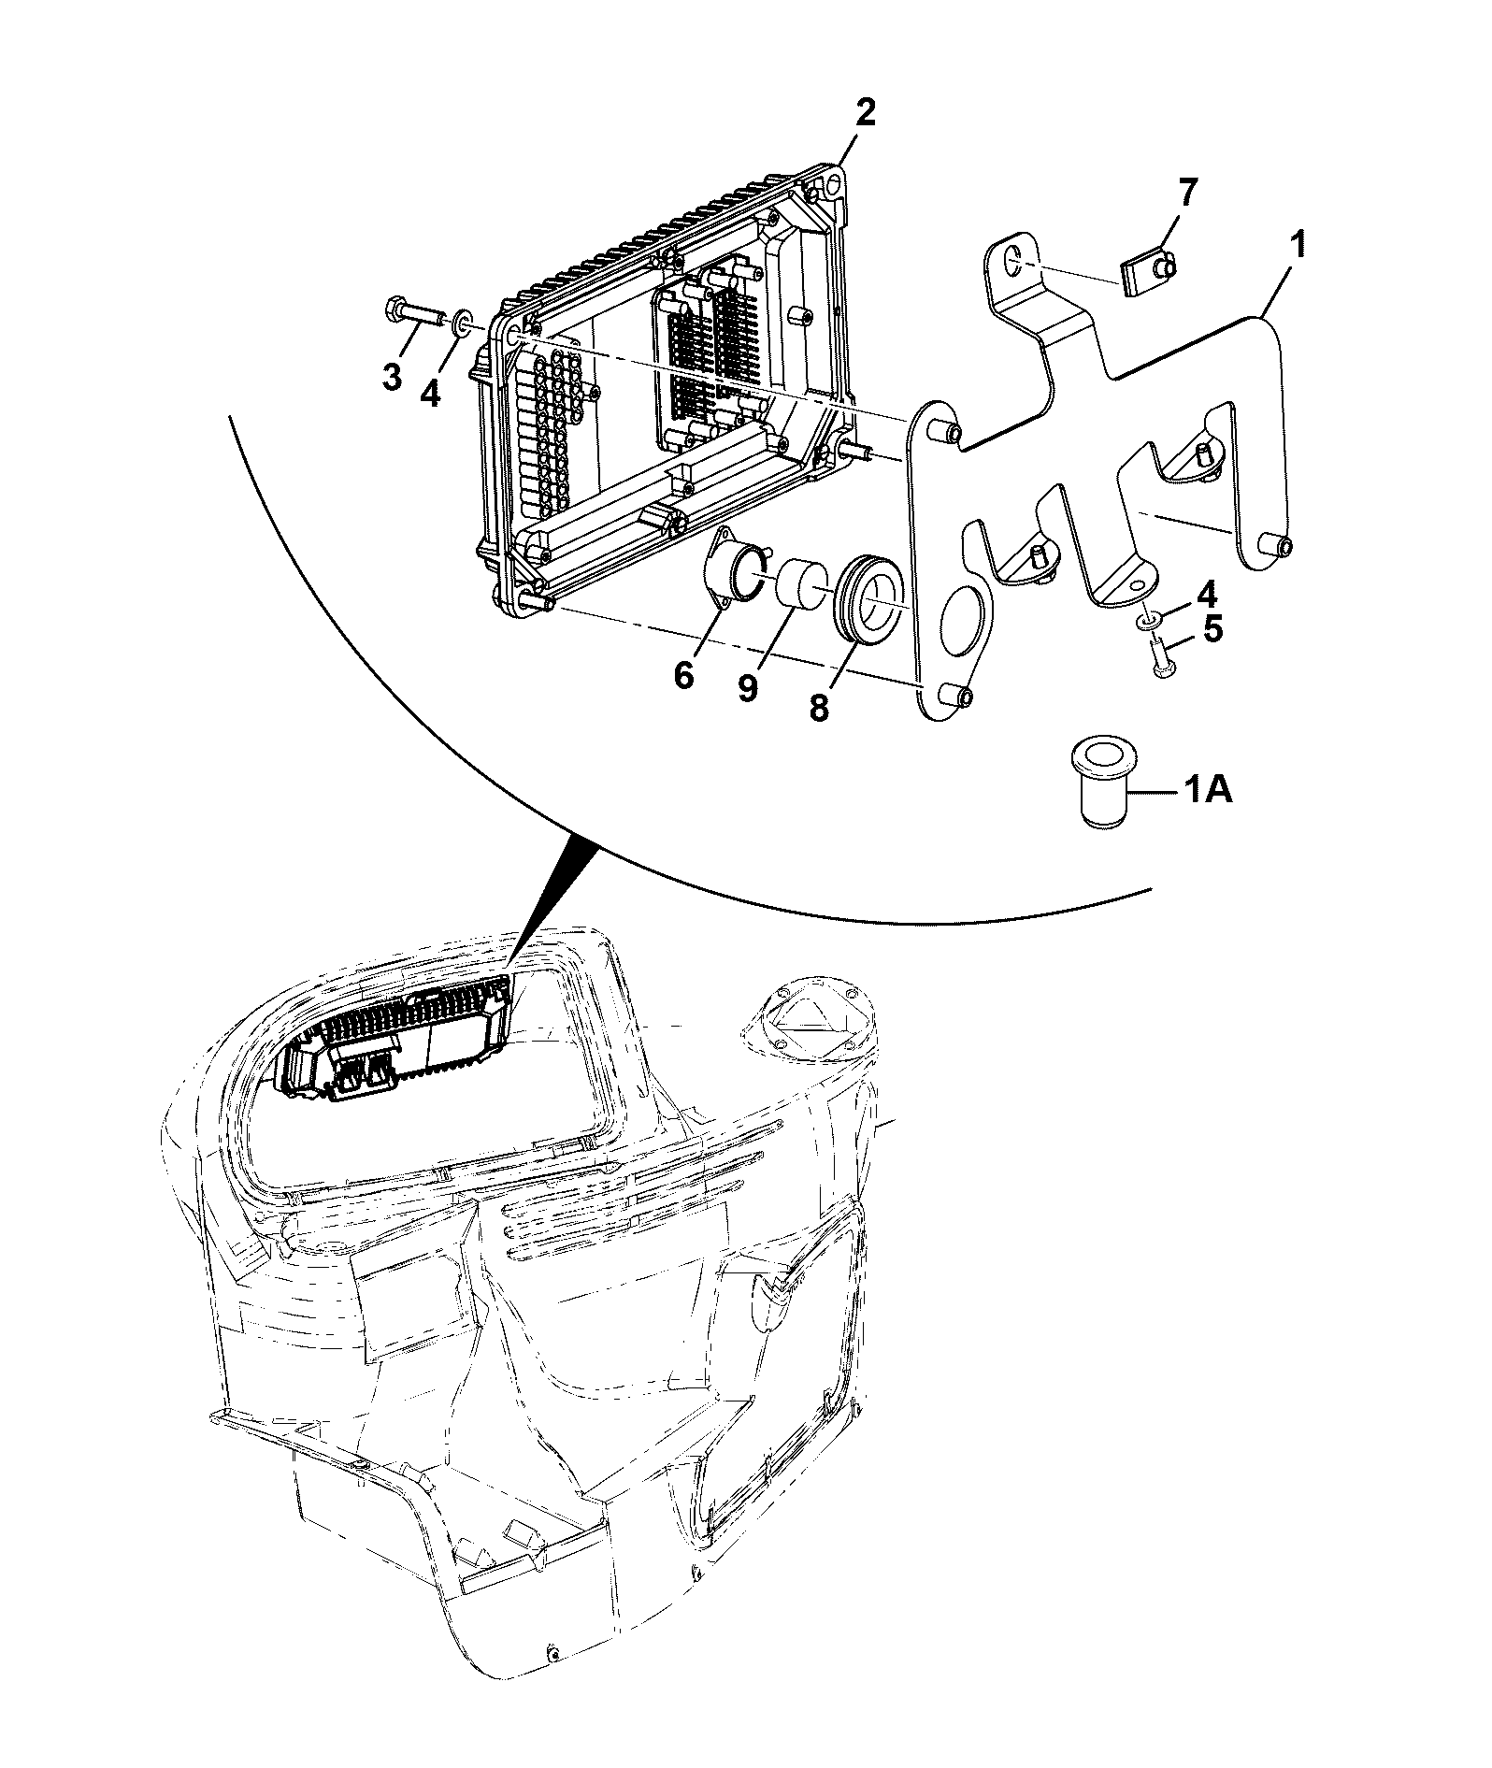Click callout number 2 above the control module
(x=865, y=114)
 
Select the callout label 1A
(x=1211, y=792)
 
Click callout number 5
(x=1212, y=629)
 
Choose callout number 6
(x=684, y=675)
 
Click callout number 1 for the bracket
(x=1298, y=247)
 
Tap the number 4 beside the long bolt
(x=430, y=393)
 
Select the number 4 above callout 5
(x=1208, y=593)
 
